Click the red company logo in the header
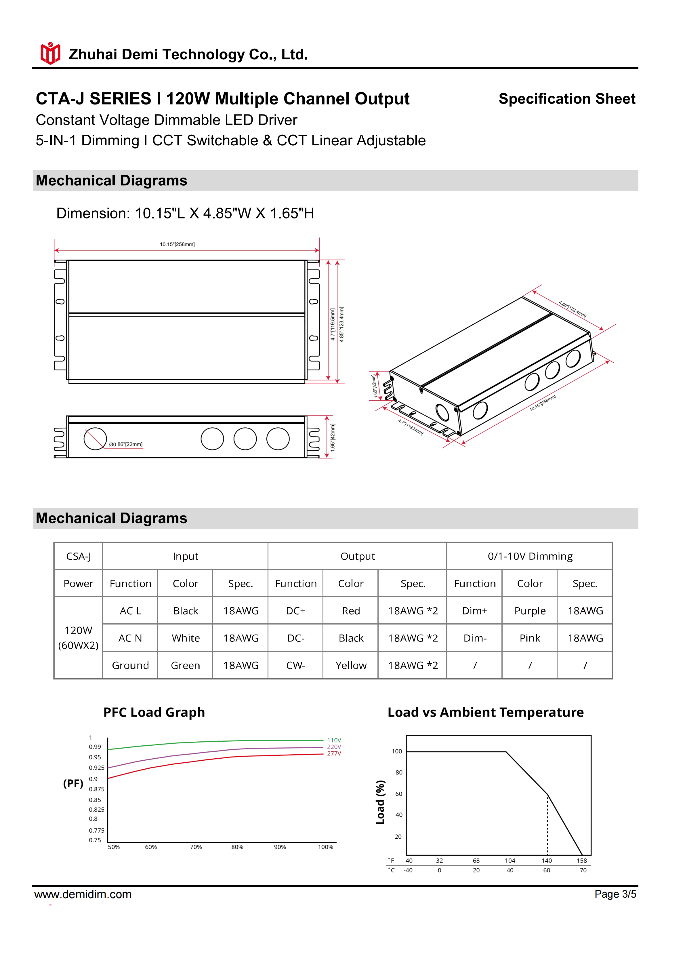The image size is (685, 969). pyautogui.click(x=50, y=54)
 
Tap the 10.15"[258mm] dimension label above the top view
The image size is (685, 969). pyautogui.click(x=177, y=244)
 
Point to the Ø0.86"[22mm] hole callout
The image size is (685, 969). pyautogui.click(x=126, y=444)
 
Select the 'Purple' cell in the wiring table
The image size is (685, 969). pyautogui.click(x=530, y=611)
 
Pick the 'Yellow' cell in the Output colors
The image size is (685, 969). pyautogui.click(x=351, y=666)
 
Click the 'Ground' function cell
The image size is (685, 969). pyautogui.click(x=130, y=666)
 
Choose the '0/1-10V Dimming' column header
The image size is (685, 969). pyautogui.click(x=530, y=556)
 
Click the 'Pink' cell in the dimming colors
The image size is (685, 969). pyautogui.click(x=530, y=638)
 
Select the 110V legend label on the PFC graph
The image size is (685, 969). pyautogui.click(x=334, y=740)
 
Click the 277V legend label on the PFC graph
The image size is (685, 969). pyautogui.click(x=334, y=753)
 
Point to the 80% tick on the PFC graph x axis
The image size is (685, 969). pyautogui.click(x=237, y=847)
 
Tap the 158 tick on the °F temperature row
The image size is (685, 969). pyautogui.click(x=582, y=861)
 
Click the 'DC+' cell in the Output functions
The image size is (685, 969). pyautogui.click(x=296, y=611)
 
